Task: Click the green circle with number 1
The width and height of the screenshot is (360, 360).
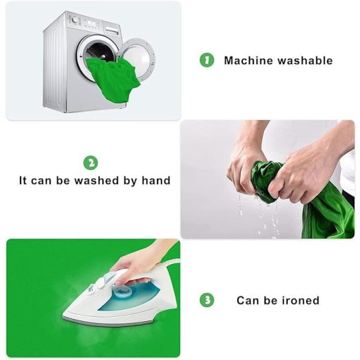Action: click(207, 60)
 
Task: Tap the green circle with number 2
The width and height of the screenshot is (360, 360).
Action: click(90, 162)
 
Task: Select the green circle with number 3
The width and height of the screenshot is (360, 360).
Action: click(207, 300)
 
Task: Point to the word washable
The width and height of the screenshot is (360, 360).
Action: click(305, 61)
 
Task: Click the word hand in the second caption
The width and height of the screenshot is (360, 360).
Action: click(156, 181)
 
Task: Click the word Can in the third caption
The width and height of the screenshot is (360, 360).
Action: click(248, 301)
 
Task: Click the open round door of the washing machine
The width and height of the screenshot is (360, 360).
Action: click(139, 59)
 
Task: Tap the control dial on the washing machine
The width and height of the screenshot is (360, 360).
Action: click(75, 20)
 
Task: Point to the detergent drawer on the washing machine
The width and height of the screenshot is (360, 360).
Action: click(112, 30)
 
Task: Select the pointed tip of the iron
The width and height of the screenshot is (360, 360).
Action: click(63, 316)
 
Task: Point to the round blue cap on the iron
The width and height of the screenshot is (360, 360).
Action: click(124, 291)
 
